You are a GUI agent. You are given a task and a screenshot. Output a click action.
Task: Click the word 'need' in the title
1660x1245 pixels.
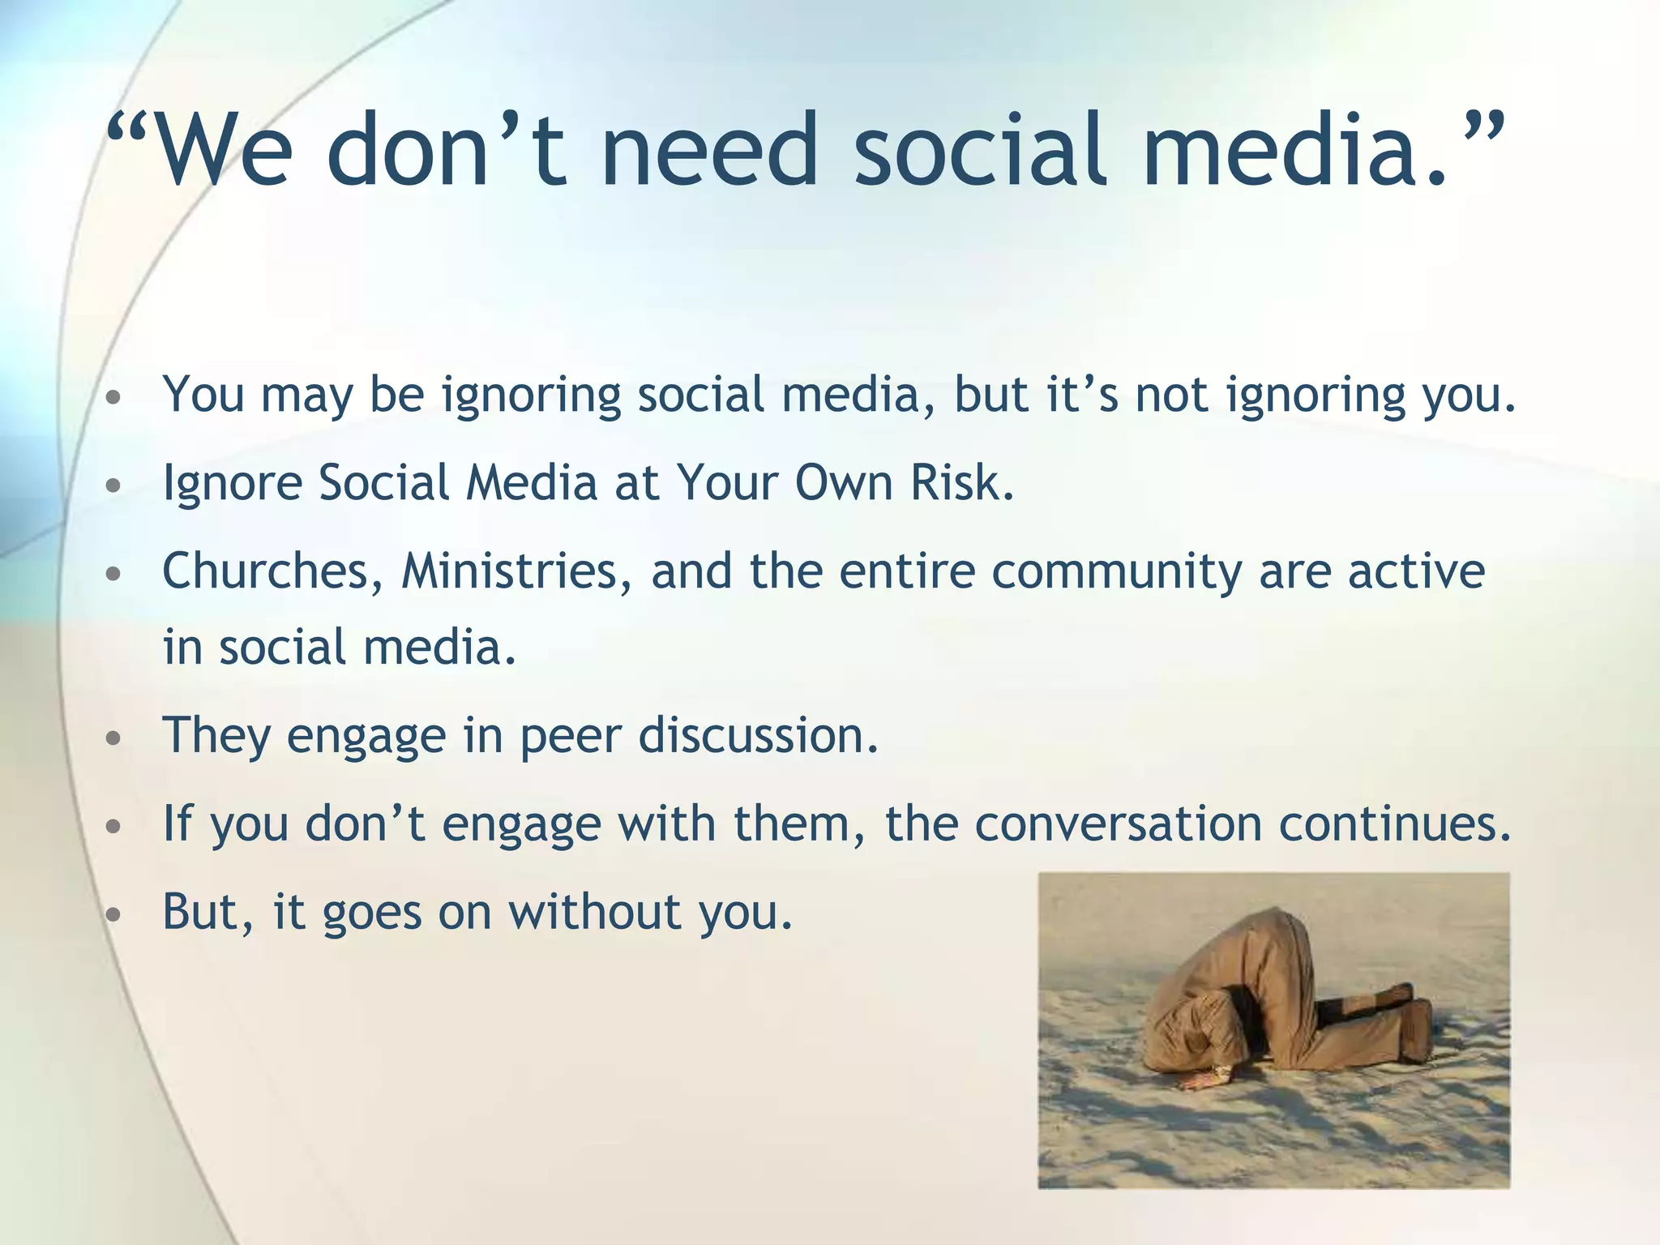pos(709,151)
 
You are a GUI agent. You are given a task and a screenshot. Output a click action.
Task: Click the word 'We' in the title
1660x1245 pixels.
pos(223,151)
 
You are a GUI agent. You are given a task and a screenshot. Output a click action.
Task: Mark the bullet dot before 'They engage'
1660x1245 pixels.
pos(114,738)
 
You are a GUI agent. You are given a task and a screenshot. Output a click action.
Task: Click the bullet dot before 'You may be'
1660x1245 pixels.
pos(114,398)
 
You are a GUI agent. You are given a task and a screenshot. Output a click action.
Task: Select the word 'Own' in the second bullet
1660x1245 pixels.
pos(843,483)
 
